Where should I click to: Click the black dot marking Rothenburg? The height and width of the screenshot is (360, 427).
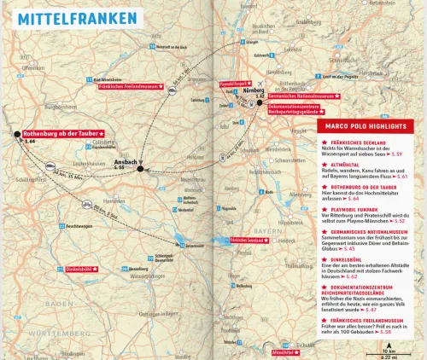pos(16,134)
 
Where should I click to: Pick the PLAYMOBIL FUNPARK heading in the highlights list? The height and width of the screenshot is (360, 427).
pos(354,207)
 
